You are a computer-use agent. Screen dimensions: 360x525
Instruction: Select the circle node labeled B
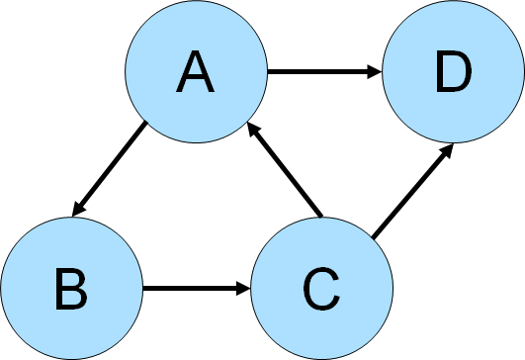71,289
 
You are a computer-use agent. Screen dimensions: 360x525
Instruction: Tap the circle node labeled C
322,289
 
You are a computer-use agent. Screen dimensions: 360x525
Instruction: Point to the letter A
196,73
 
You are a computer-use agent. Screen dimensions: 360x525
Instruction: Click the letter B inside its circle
71,291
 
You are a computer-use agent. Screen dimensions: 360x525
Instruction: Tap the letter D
453,73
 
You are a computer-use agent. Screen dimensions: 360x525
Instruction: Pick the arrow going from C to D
412,191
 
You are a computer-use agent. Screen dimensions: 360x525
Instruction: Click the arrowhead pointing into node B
75,210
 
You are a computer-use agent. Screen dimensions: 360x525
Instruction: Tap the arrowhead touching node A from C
252,129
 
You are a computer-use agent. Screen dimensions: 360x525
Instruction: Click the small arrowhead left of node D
373,71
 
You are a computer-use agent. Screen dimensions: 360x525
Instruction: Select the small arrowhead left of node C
242,289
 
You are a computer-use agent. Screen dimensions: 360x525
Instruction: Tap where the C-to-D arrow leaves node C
373,236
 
